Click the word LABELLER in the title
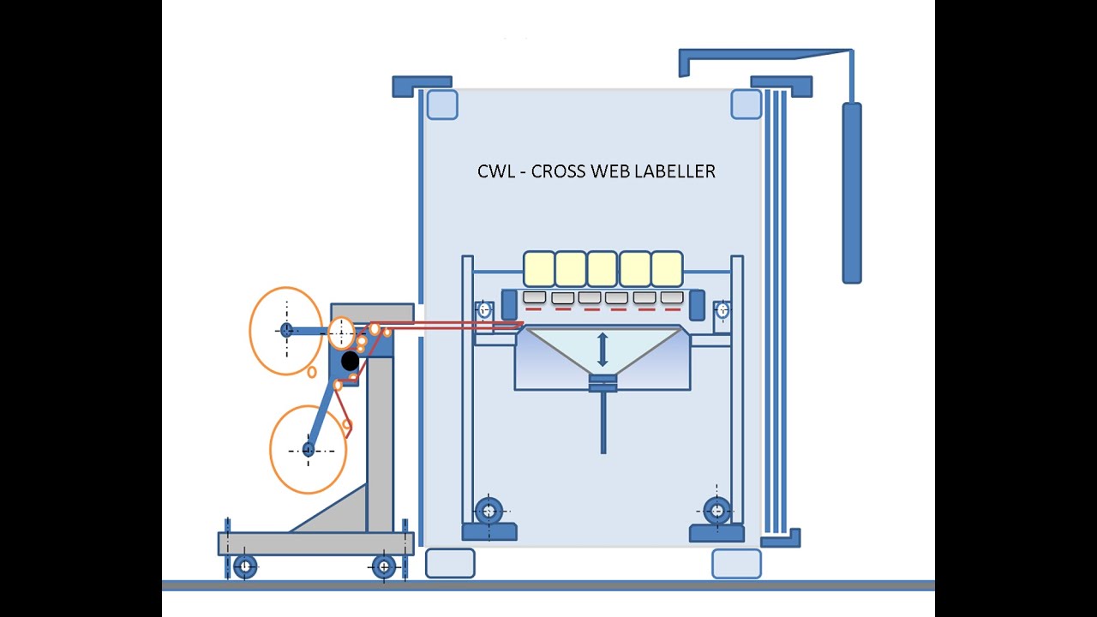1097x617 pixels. click(675, 171)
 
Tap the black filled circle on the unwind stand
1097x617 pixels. click(350, 361)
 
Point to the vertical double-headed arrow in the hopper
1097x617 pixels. click(602, 350)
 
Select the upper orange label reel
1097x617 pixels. click(286, 330)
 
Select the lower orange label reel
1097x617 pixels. click(308, 450)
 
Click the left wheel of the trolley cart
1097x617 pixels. click(245, 566)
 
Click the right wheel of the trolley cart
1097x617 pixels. click(384, 566)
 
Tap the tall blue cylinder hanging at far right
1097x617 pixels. click(851, 193)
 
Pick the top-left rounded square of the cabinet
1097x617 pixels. click(442, 105)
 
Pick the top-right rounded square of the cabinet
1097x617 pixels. click(746, 105)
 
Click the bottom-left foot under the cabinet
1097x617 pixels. click(450, 563)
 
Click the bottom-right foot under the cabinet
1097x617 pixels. click(736, 563)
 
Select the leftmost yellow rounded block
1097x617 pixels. click(538, 268)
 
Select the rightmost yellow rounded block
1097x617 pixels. click(667, 268)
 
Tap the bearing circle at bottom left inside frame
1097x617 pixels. click(489, 512)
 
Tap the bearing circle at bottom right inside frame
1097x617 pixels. click(717, 511)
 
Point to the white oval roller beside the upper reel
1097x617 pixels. click(341, 332)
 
